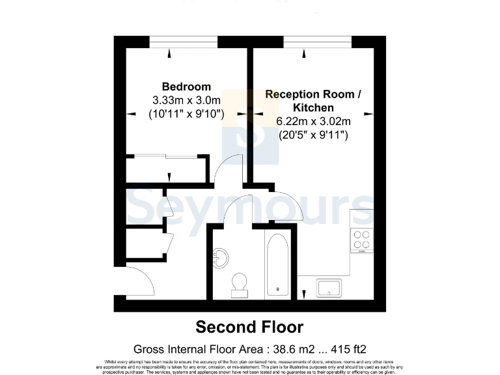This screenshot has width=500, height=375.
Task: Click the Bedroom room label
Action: point(186,87)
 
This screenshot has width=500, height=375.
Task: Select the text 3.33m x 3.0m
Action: point(186,100)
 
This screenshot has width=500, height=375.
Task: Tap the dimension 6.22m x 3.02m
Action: point(314,121)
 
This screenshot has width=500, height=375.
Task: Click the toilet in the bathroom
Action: point(239,283)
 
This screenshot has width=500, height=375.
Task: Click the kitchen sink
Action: point(330,287)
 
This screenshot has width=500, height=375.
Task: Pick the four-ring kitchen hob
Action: point(361,241)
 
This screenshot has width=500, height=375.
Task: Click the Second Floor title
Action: point(249,326)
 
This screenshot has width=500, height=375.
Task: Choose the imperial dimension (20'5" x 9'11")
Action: point(314,135)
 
